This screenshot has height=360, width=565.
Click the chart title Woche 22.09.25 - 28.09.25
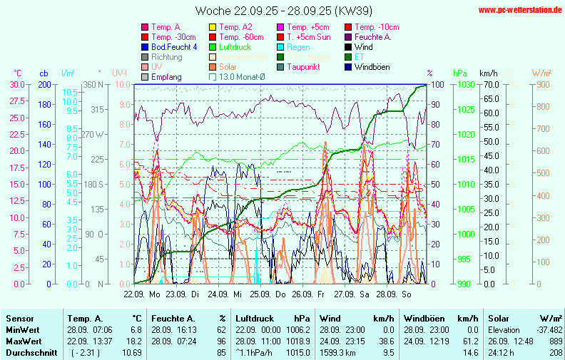click(x=283, y=11)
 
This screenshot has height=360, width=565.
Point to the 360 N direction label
click(x=94, y=84)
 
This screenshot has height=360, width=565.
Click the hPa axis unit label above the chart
click(x=459, y=73)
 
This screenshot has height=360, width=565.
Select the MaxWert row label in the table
click(x=23, y=341)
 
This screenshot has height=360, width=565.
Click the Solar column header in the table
click(x=498, y=318)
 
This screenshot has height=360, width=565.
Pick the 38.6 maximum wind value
click(x=387, y=341)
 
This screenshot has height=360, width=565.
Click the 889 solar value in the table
click(x=555, y=341)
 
